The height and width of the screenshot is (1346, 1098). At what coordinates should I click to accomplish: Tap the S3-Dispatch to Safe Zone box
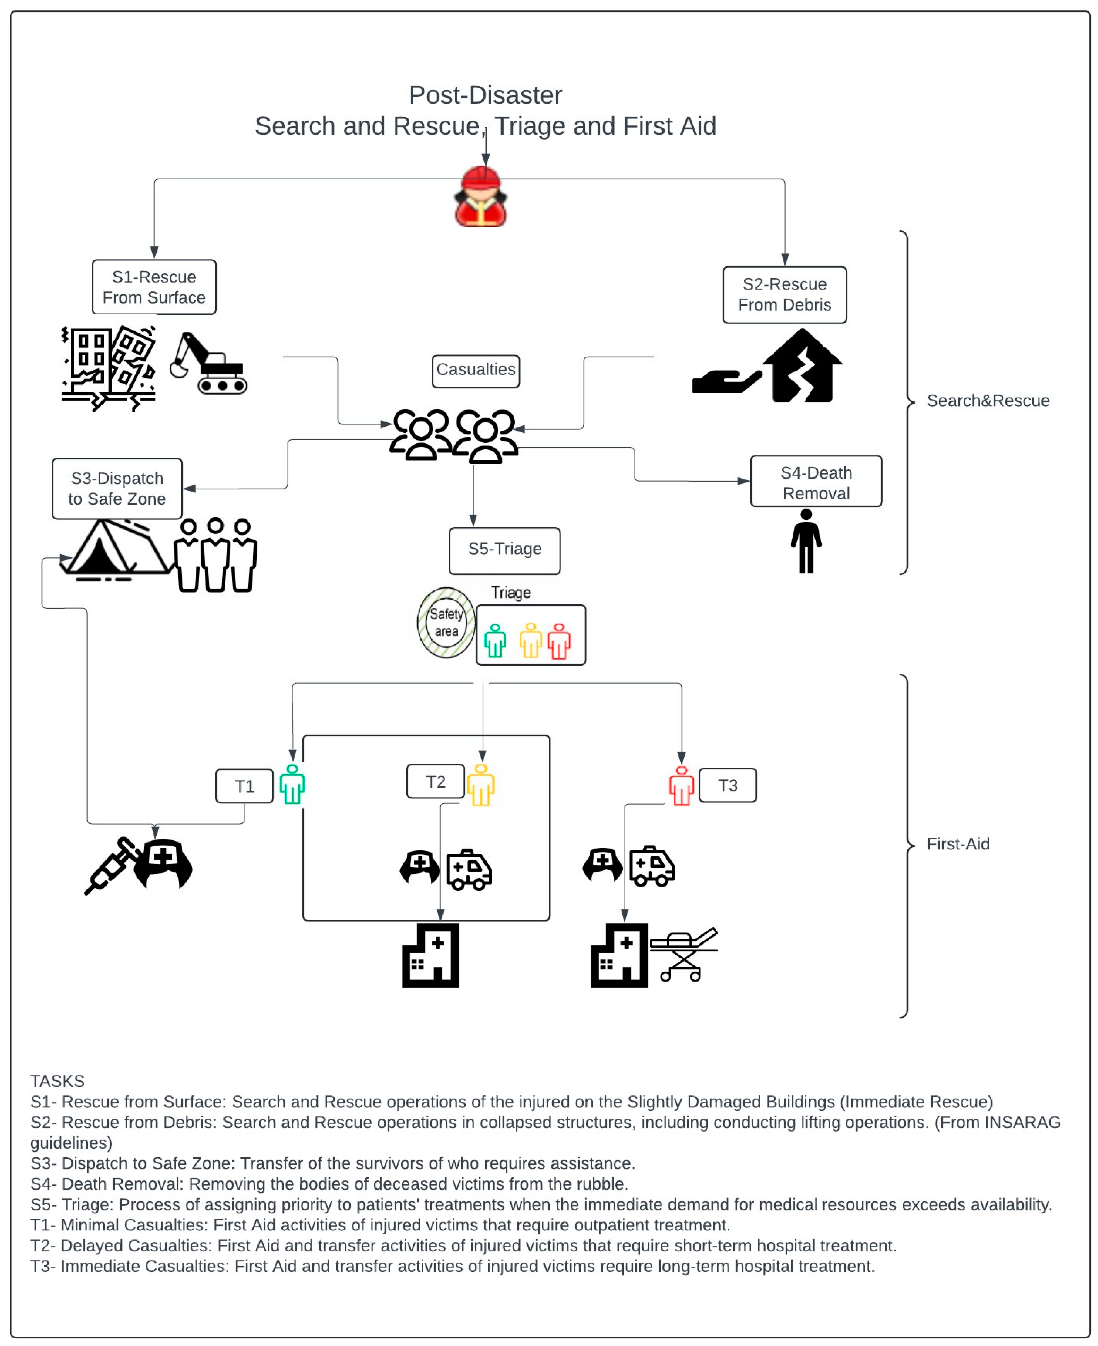coord(117,488)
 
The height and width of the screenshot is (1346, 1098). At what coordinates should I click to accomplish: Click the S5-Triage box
coord(504,549)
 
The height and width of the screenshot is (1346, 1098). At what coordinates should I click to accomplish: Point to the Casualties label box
coord(476,370)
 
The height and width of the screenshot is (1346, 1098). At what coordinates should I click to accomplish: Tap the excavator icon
coord(209,364)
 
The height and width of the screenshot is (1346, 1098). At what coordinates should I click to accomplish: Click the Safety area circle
coord(446,623)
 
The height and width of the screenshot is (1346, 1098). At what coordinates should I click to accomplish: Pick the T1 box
coord(244,786)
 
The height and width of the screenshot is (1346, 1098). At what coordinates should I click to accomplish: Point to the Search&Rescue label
coord(988,401)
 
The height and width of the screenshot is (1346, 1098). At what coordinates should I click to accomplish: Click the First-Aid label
coord(957,844)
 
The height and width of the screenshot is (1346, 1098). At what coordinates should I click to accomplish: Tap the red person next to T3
coord(681,786)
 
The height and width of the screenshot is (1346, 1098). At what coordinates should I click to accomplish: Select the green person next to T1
coord(292,785)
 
